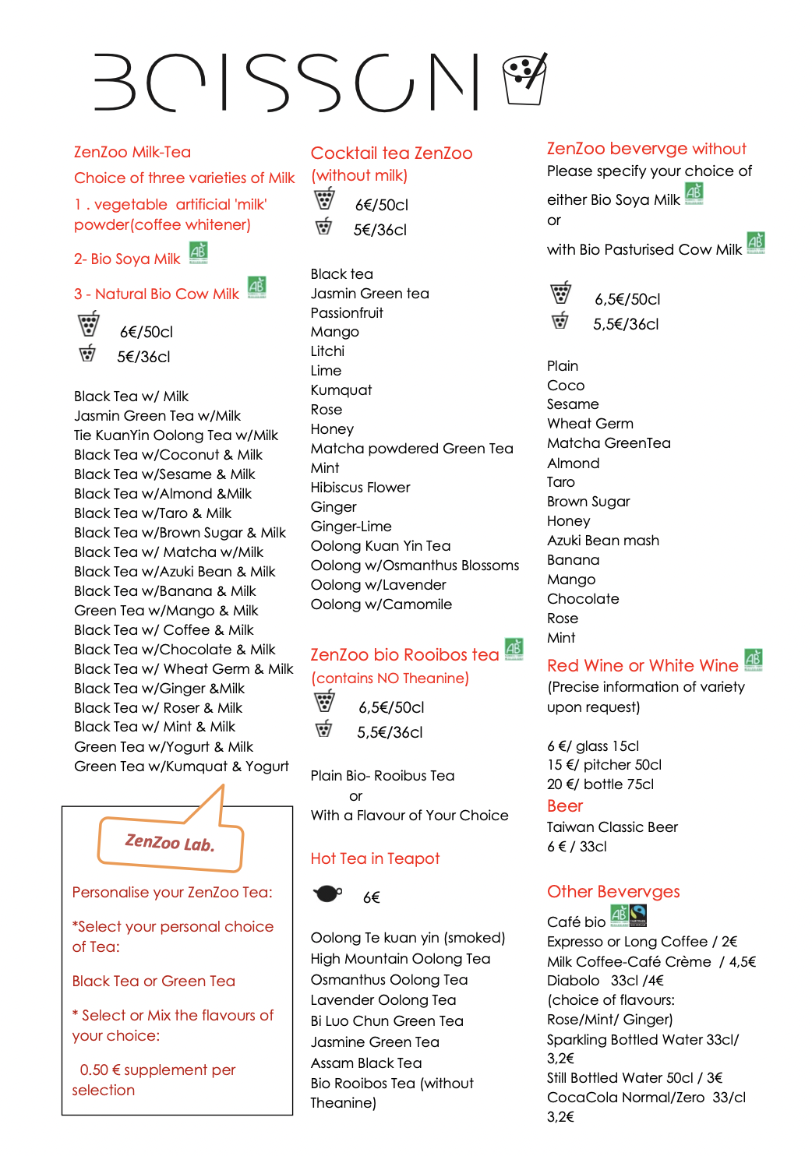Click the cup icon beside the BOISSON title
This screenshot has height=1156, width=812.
click(524, 79)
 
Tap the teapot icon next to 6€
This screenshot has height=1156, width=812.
click(327, 893)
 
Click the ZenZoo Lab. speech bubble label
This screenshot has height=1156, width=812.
click(170, 843)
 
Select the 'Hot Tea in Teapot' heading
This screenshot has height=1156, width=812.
click(375, 858)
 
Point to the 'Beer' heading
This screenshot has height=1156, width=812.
click(565, 806)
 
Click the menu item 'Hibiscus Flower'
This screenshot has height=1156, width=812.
click(360, 488)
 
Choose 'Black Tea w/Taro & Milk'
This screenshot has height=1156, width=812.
click(153, 513)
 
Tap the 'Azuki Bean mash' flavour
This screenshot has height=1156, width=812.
click(603, 541)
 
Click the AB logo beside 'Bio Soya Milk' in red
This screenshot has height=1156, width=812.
click(199, 252)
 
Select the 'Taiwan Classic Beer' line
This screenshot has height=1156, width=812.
click(612, 827)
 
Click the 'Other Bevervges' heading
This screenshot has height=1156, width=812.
click(613, 892)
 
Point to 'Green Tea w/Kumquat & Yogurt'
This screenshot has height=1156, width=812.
click(182, 767)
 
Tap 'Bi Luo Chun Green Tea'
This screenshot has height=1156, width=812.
click(387, 1021)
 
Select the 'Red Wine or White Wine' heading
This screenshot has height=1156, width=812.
click(642, 666)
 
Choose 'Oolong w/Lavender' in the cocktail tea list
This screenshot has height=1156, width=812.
click(378, 585)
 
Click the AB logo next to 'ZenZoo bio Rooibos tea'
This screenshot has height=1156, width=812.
click(514, 648)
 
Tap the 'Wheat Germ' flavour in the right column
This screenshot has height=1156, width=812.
click(590, 424)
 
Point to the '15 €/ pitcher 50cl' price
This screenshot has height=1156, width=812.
click(604, 765)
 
